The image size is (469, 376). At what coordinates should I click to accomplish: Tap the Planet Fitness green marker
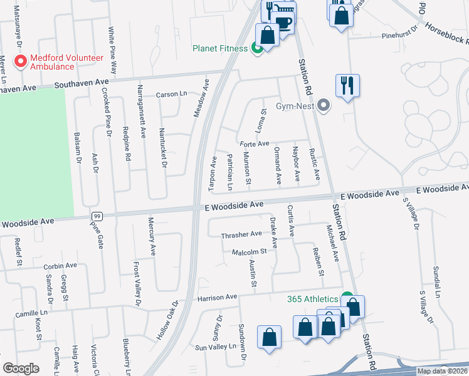point(256,48)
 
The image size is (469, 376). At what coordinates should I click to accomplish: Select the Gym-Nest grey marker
point(324,105)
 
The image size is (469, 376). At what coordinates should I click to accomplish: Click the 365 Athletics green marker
point(346,299)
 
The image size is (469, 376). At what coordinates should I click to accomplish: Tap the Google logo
point(21,368)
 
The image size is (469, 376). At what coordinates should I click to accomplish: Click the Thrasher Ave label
point(241,234)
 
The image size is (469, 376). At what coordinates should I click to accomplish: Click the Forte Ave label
point(253,144)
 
